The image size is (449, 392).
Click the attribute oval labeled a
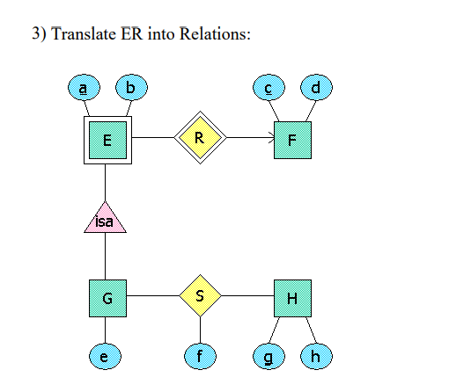pyautogui.click(x=84, y=88)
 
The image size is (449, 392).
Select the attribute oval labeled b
pyautogui.click(x=131, y=88)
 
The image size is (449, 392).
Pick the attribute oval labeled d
pyautogui.click(x=315, y=88)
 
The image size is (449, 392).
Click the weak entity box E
pyautogui.click(x=106, y=139)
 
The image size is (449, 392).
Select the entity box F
pyautogui.click(x=292, y=139)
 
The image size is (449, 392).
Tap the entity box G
pyautogui.click(x=106, y=298)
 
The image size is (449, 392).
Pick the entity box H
pyautogui.click(x=292, y=298)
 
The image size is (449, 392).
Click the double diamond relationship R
pyautogui.click(x=200, y=138)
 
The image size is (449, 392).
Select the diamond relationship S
pyautogui.click(x=200, y=297)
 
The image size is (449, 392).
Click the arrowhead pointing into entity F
pyautogui.click(x=269, y=138)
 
